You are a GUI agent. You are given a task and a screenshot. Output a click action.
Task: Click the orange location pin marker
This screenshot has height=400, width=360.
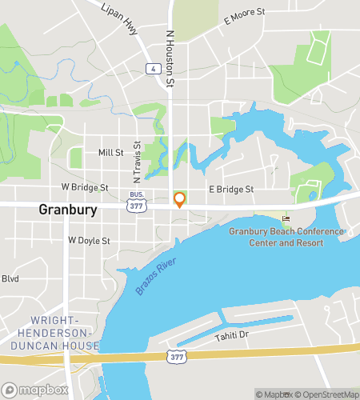179,199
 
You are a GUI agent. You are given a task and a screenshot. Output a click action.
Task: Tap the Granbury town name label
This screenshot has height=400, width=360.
68,210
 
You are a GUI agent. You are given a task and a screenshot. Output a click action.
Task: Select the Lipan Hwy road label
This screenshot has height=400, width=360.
118,17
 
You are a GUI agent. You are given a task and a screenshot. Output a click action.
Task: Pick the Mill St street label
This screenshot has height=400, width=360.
110,152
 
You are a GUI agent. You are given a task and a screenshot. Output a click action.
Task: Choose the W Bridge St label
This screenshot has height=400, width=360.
84,188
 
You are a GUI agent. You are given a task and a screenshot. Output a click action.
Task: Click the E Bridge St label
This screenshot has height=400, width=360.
230,190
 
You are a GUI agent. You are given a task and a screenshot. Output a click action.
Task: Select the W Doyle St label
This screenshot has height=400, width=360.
88,240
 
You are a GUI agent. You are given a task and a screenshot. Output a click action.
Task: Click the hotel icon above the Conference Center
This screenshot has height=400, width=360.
286,219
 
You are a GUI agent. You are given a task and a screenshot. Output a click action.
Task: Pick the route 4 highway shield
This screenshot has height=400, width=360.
150,70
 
